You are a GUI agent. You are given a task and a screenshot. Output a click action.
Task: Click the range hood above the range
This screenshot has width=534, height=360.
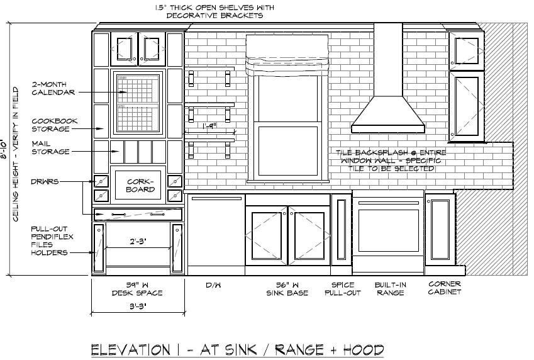[x=387, y=113]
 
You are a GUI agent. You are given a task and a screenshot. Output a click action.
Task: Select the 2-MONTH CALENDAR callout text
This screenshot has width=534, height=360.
[x=53, y=87]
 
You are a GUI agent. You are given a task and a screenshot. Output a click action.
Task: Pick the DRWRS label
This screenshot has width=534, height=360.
[x=45, y=182]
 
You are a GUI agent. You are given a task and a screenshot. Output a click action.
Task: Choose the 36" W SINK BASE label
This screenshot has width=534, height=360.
[x=287, y=289]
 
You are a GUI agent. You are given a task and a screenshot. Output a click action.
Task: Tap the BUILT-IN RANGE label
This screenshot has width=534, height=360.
[x=390, y=289]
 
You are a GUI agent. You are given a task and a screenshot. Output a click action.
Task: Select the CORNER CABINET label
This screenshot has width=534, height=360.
[x=445, y=288]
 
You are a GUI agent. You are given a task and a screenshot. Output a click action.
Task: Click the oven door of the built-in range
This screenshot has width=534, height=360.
[x=387, y=229]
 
